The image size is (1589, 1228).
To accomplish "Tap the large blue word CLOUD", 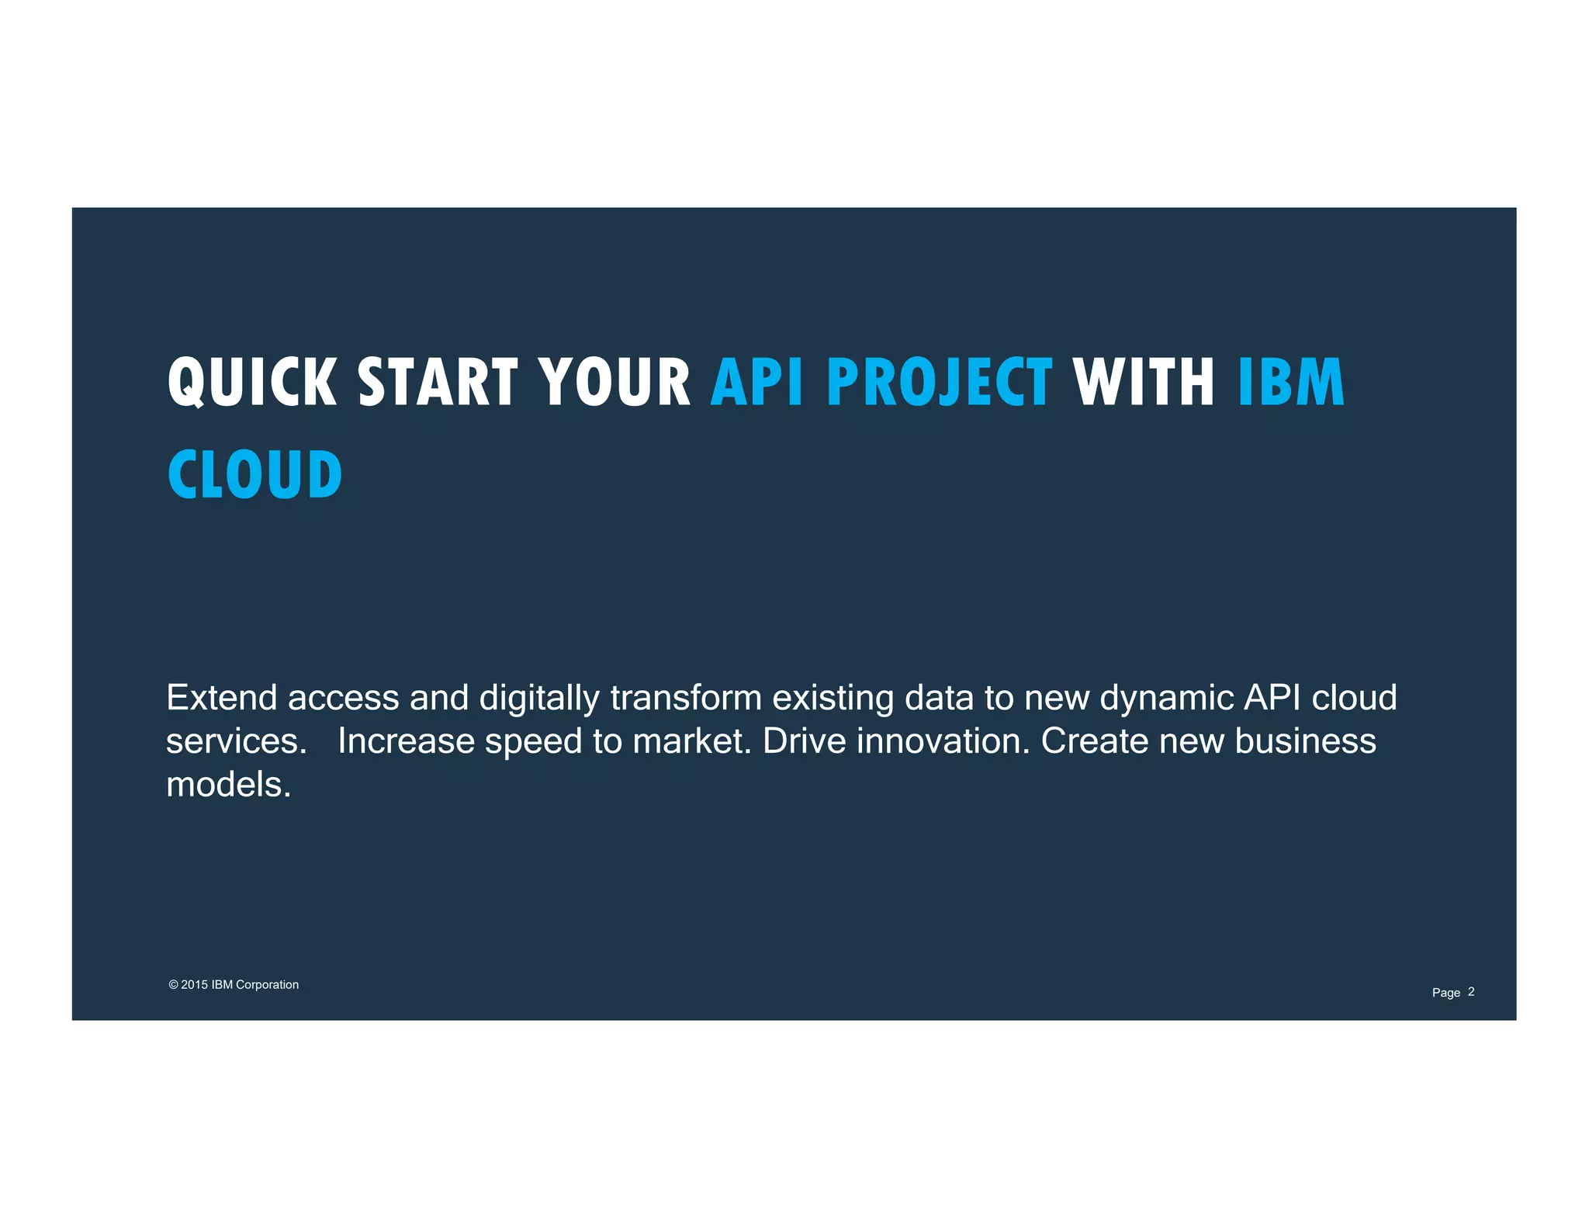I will click(x=254, y=474).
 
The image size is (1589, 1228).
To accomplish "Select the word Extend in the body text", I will click(x=222, y=697).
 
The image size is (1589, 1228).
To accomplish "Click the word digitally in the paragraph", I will click(x=539, y=698).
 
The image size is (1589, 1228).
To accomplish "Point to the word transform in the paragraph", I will click(x=686, y=697).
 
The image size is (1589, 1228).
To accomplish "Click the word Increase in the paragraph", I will click(x=406, y=741).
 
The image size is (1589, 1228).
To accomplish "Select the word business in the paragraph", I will click(x=1305, y=741).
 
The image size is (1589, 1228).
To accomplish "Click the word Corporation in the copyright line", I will click(x=267, y=984).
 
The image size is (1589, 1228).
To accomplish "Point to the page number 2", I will click(x=1471, y=991).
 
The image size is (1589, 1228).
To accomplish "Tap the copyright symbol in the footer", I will click(x=173, y=984).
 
